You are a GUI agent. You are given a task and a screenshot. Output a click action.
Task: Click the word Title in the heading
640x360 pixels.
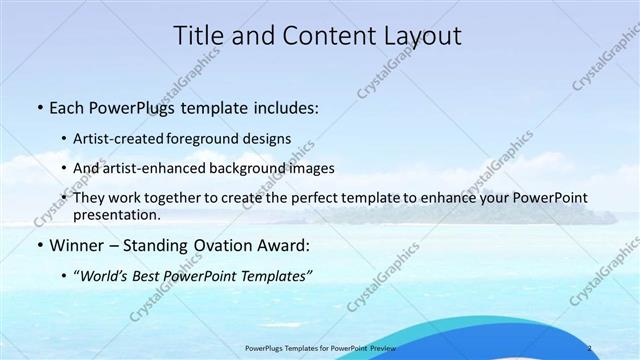coord(204,37)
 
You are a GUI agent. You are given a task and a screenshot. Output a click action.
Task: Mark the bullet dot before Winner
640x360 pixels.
coord(38,245)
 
